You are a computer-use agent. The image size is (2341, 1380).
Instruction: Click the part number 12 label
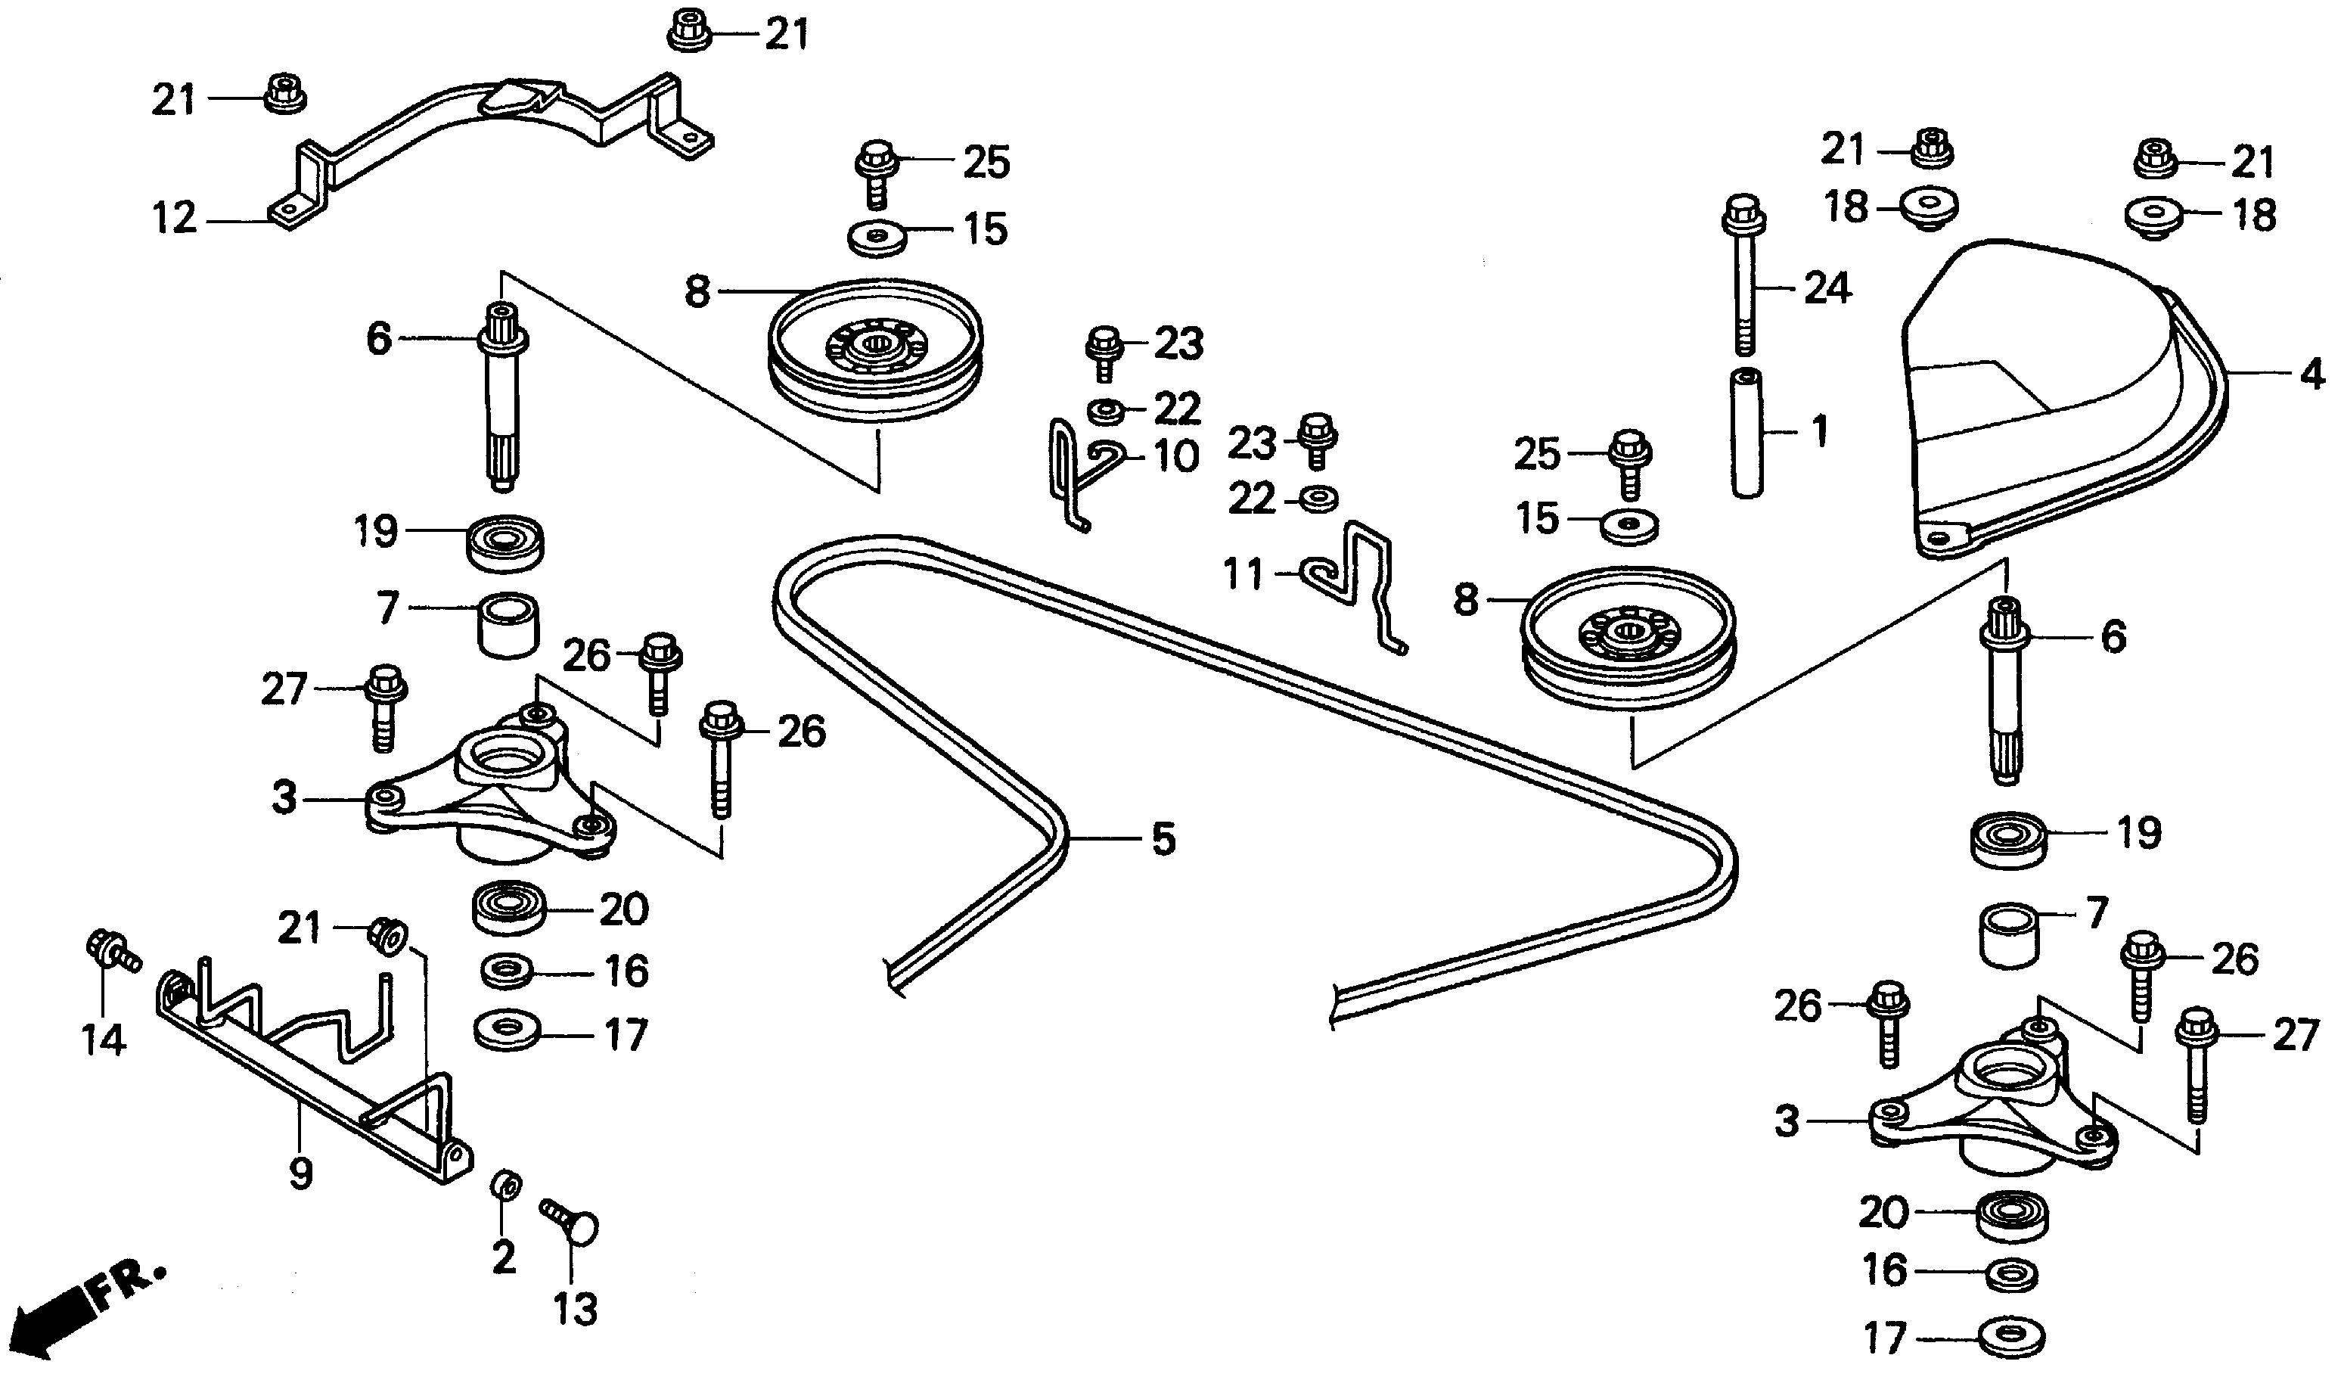tap(175, 219)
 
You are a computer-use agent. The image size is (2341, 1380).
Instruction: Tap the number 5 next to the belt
tap(1163, 840)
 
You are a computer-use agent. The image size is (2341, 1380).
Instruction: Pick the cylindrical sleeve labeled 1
tap(1748, 434)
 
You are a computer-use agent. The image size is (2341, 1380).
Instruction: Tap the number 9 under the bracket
tap(300, 1173)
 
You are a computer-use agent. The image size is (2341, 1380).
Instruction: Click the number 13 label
tap(575, 1310)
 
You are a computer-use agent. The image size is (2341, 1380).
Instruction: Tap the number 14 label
tap(102, 1039)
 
